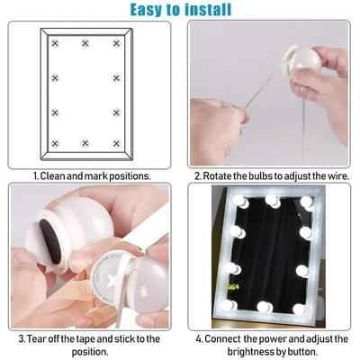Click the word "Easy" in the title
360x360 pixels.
pos(152,10)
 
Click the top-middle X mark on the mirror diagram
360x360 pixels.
pos(85,43)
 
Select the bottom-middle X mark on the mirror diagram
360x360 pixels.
pos(85,143)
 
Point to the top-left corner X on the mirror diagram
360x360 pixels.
pos(55,43)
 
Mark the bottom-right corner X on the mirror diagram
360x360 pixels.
pos(116,143)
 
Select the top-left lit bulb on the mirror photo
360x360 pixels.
pos(240,202)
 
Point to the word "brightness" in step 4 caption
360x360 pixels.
pos(254,351)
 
